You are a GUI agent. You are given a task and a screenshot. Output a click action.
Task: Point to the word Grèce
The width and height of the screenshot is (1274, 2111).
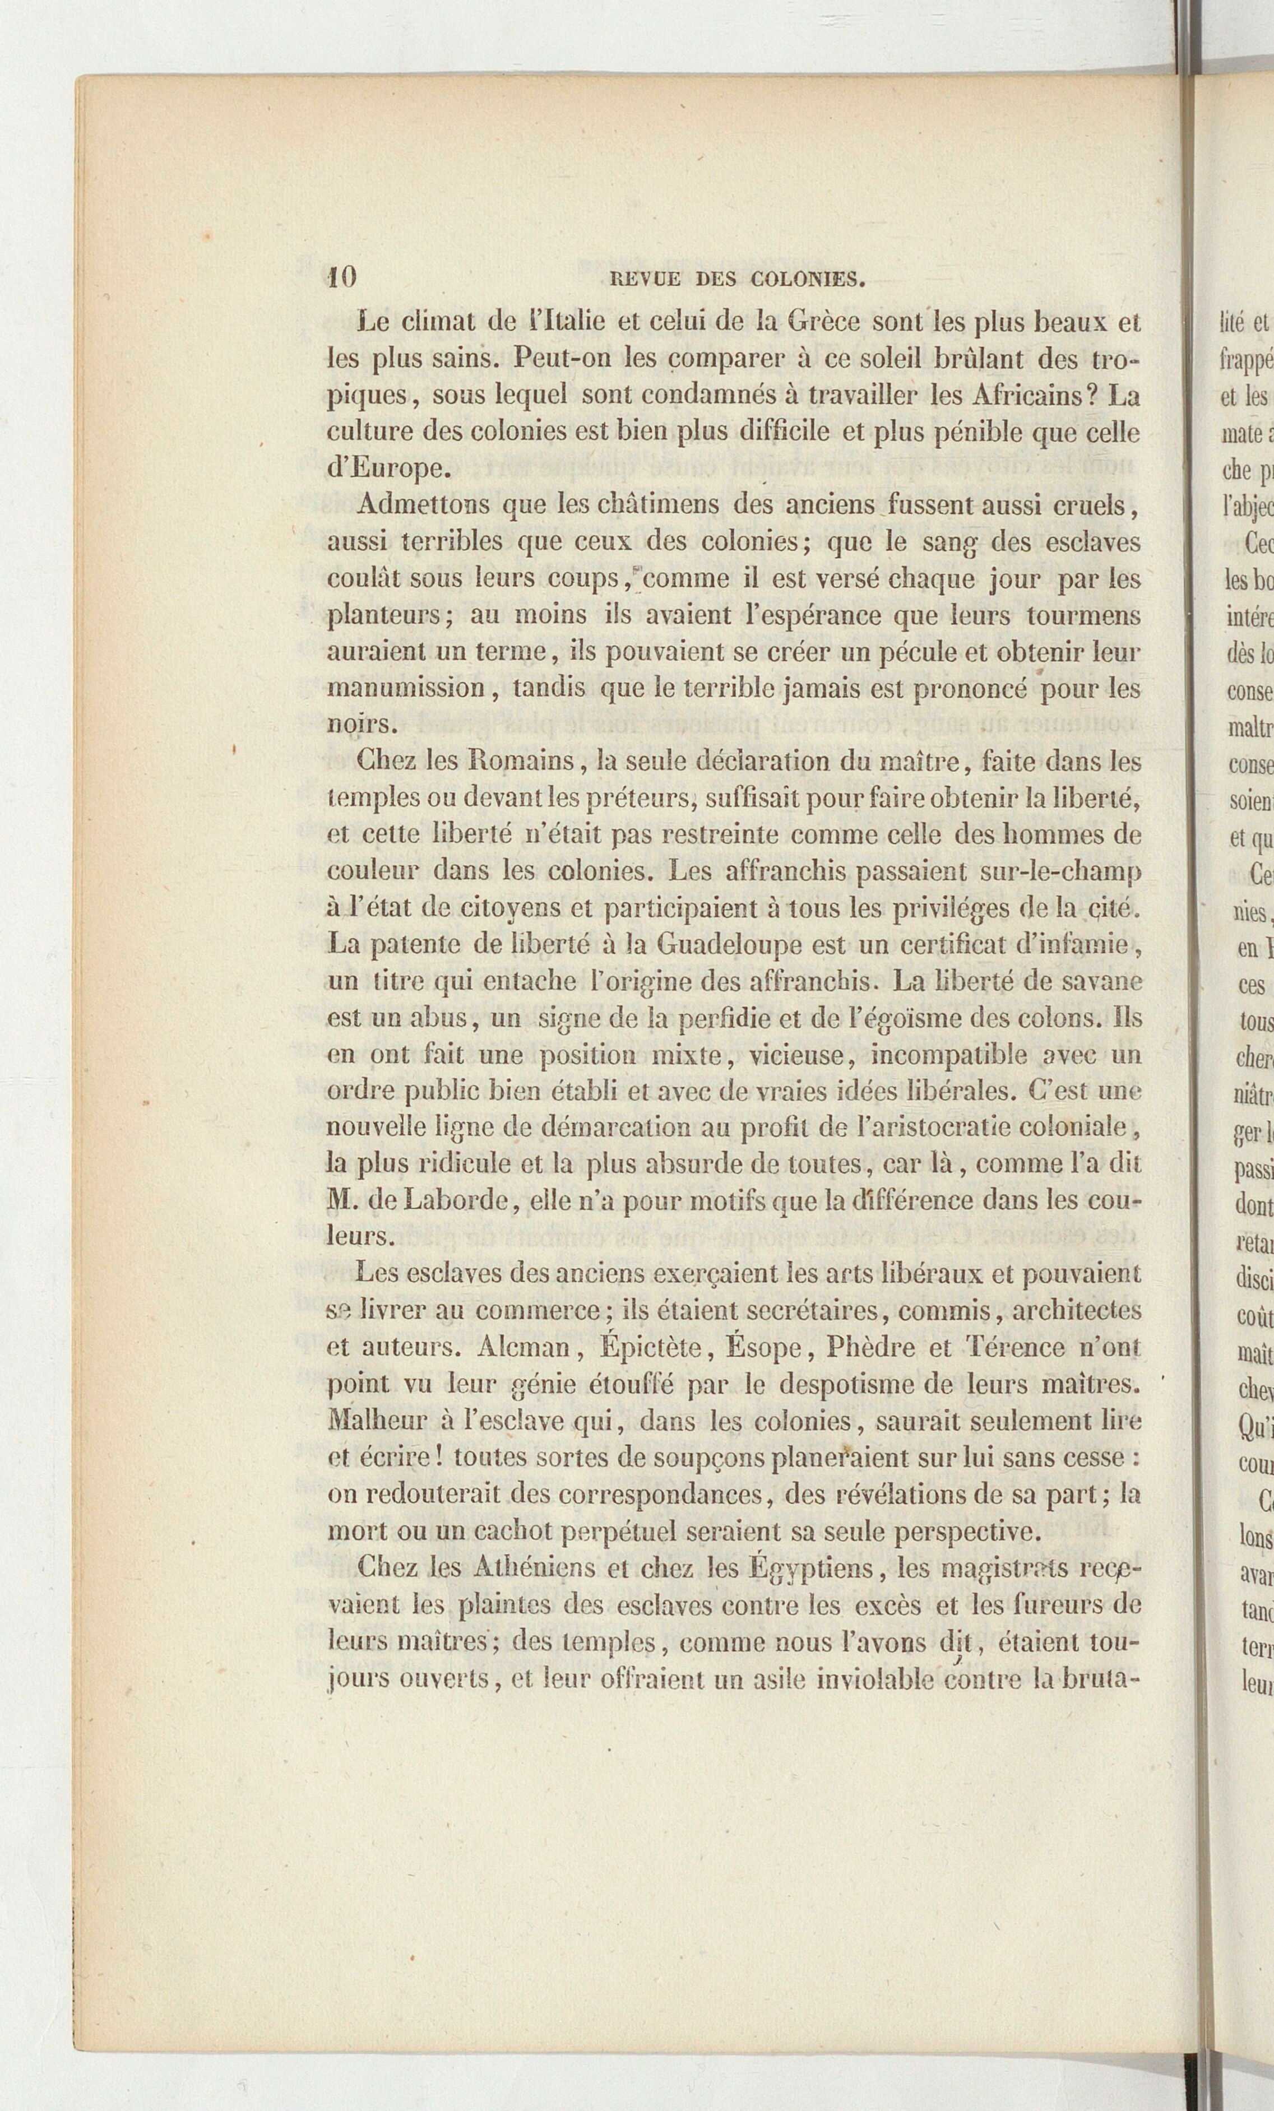click(x=822, y=322)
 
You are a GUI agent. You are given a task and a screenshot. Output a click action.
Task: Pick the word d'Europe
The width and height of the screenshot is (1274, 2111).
click(x=386, y=470)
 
